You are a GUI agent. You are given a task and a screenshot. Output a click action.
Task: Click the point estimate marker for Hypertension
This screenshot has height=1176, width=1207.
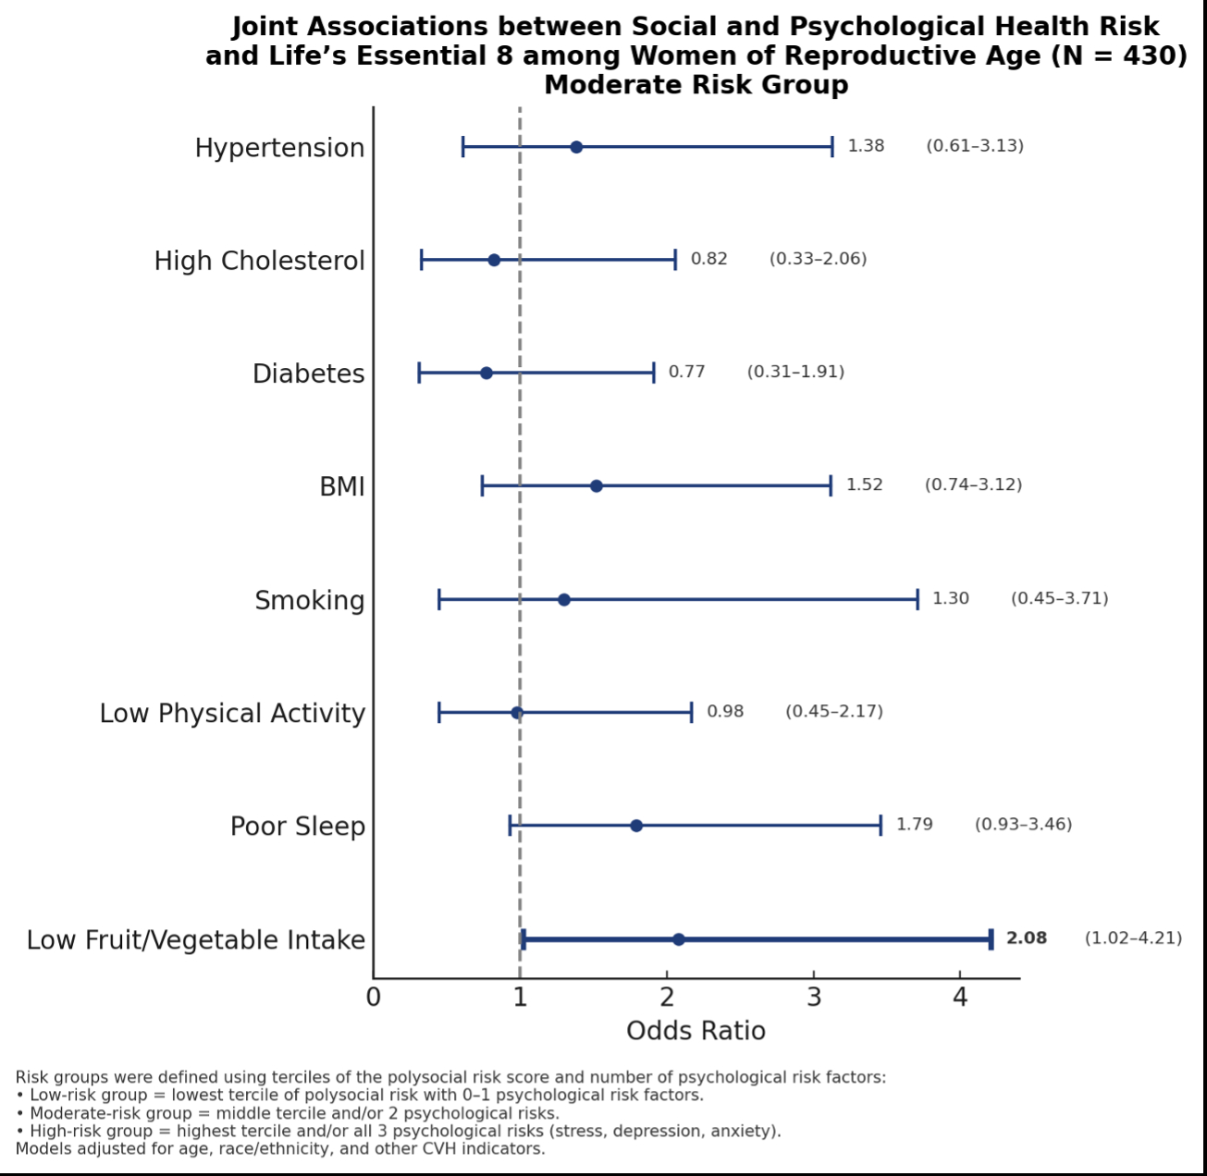click(576, 147)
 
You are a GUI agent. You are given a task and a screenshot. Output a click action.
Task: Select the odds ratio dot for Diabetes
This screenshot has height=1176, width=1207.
click(486, 374)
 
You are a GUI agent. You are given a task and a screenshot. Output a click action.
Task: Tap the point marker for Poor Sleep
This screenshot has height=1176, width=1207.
click(636, 826)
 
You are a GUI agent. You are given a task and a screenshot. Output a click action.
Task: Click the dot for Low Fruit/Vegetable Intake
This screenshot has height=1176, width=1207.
click(679, 939)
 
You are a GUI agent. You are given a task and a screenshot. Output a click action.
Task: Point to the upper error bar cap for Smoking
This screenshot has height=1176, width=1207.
click(918, 599)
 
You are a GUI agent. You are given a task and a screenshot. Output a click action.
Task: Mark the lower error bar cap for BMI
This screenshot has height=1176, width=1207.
click(482, 486)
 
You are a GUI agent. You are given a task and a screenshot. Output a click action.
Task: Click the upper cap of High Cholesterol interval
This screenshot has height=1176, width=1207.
click(675, 260)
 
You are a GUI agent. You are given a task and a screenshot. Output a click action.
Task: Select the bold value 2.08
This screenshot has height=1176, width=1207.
click(1027, 938)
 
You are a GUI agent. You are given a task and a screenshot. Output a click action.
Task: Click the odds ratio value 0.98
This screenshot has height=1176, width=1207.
click(725, 712)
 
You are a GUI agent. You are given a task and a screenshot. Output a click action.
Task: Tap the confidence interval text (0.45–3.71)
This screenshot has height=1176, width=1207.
click(1060, 598)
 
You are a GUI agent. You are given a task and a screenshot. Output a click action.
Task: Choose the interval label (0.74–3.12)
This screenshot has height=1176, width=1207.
click(974, 485)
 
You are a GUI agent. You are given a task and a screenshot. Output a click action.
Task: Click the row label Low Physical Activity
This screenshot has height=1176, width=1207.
click(232, 714)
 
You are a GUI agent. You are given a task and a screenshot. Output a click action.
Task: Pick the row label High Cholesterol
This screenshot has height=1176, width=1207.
click(259, 262)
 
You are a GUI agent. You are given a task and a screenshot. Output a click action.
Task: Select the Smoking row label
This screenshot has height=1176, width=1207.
click(310, 601)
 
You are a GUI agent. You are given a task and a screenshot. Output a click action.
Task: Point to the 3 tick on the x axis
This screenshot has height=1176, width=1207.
click(814, 998)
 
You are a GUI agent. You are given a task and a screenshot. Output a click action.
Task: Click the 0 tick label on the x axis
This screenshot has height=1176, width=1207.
click(374, 998)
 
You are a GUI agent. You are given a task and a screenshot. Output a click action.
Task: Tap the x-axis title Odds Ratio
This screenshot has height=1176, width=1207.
click(696, 1031)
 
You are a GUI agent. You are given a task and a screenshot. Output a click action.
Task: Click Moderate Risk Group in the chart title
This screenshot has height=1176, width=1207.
click(696, 85)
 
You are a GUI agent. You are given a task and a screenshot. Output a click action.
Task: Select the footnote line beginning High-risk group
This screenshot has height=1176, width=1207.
click(399, 1132)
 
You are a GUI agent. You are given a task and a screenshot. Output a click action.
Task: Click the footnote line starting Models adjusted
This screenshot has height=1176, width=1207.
click(280, 1149)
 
